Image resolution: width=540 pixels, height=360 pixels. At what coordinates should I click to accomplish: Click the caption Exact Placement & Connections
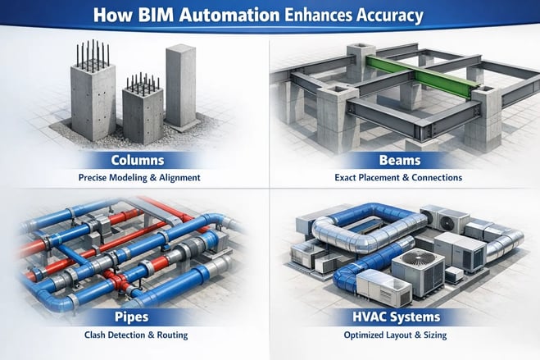[x=404, y=176]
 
